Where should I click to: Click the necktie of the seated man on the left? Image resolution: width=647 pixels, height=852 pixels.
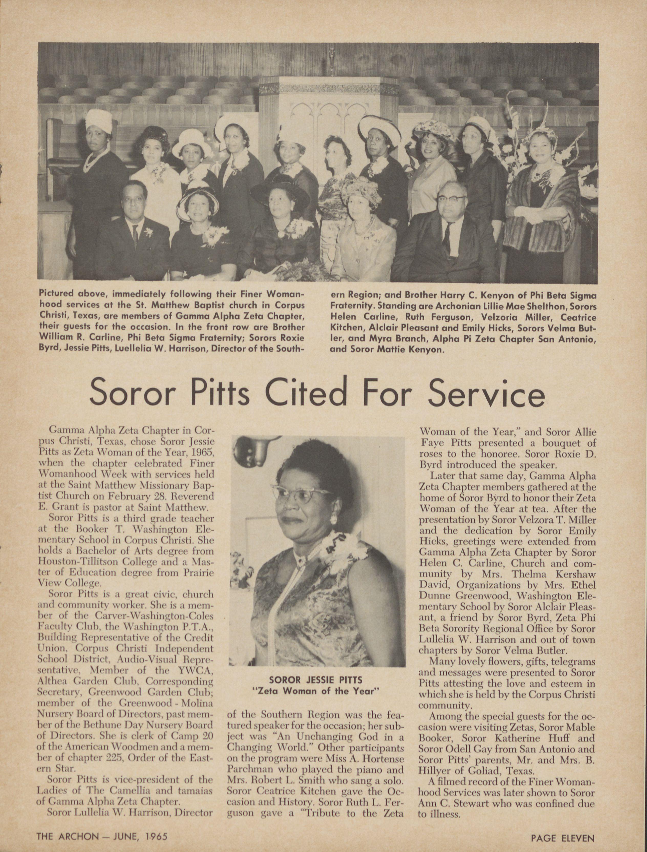135,235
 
